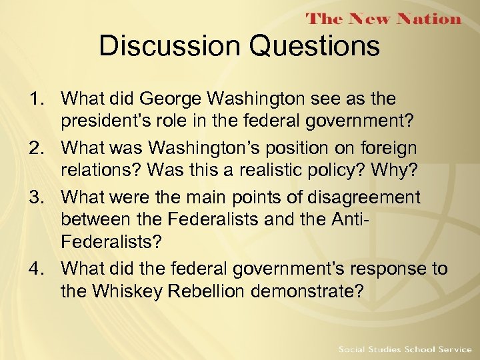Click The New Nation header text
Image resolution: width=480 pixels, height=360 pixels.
point(384,19)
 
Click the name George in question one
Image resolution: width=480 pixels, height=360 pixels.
point(171,99)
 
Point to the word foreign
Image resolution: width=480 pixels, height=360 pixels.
point(394,149)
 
